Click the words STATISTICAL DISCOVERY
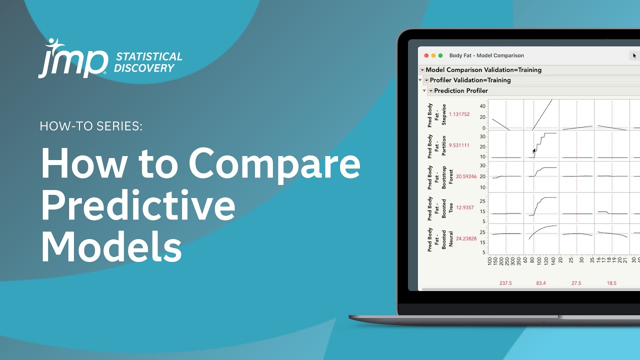[148, 62]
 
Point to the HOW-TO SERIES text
[91, 126]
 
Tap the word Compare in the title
[274, 164]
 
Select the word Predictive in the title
[138, 206]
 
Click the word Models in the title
[111, 247]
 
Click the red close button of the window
[426, 55]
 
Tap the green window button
[440, 55]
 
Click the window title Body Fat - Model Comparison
[486, 55]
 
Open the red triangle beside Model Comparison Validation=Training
[422, 70]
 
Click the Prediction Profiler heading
[461, 90]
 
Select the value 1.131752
[459, 114]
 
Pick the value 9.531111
[459, 145]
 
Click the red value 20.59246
[466, 176]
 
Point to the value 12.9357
[465, 207]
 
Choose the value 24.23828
[466, 238]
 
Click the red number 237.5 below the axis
[505, 283]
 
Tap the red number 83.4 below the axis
[541, 283]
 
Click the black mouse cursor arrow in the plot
[534, 150]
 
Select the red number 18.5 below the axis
[611, 283]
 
